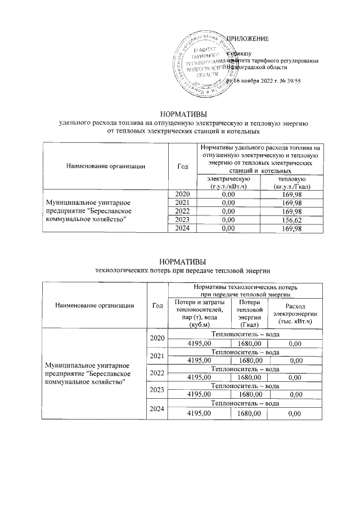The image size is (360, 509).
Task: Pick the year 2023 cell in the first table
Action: coord(182,220)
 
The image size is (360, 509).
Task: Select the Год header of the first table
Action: coord(182,166)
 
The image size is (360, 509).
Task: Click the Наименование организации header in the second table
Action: coord(94,305)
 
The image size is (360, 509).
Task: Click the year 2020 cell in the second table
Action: coord(157,339)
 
